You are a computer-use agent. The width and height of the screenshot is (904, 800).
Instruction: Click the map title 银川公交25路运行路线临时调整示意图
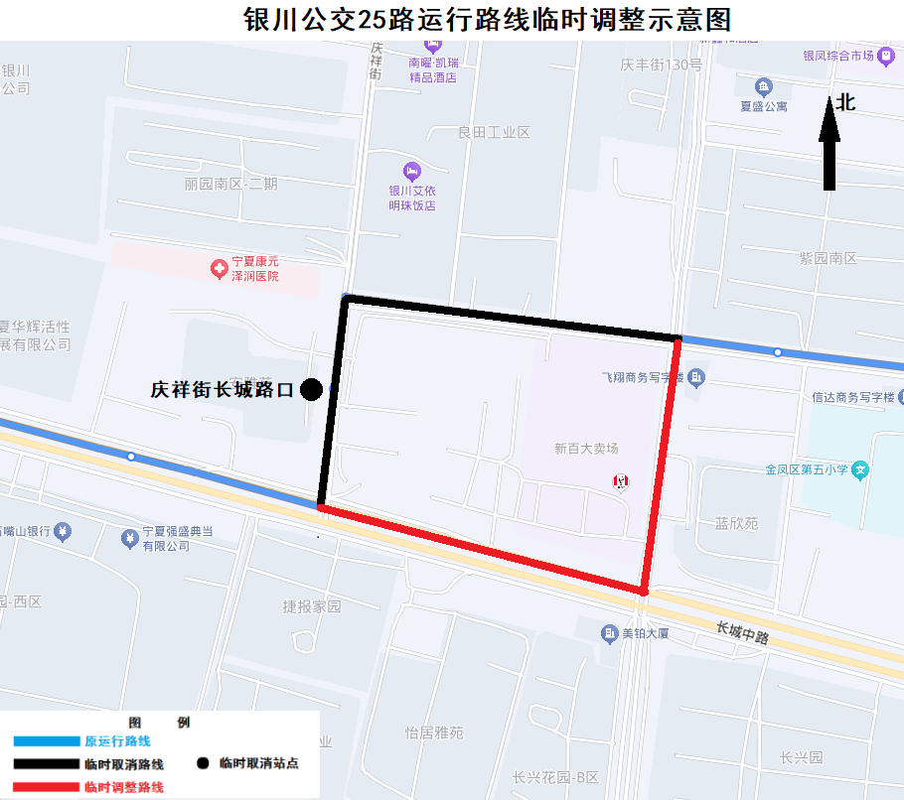pyautogui.click(x=487, y=20)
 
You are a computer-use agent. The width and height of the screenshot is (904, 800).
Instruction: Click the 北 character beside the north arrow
pyautogui.click(x=845, y=102)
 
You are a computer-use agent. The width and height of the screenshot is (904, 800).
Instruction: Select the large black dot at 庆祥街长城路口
pyautogui.click(x=311, y=390)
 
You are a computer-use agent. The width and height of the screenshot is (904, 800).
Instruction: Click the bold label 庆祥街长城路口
pyautogui.click(x=223, y=390)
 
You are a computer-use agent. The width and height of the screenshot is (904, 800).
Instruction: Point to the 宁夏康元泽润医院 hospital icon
pyautogui.click(x=217, y=268)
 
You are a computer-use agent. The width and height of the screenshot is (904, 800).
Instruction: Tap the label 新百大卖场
pyautogui.click(x=586, y=449)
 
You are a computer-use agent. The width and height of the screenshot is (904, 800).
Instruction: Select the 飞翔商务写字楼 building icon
pyautogui.click(x=697, y=377)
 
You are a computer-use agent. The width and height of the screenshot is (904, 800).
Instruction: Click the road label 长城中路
pyautogui.click(x=743, y=632)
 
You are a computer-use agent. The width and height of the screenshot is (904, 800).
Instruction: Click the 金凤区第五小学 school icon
pyautogui.click(x=861, y=469)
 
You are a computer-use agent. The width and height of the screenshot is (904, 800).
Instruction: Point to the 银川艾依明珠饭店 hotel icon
pyautogui.click(x=412, y=172)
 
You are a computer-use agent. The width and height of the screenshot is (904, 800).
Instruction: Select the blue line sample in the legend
pyautogui.click(x=46, y=741)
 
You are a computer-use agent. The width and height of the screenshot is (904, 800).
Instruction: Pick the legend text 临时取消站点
pyautogui.click(x=259, y=763)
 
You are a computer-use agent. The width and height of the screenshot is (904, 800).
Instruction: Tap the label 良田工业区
pyautogui.click(x=494, y=132)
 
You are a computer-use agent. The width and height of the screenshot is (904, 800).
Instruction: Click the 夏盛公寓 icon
pyautogui.click(x=763, y=87)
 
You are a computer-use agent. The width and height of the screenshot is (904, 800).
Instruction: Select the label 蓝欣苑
pyautogui.click(x=736, y=523)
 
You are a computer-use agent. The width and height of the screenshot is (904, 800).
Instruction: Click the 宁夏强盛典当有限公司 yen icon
pyautogui.click(x=128, y=538)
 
